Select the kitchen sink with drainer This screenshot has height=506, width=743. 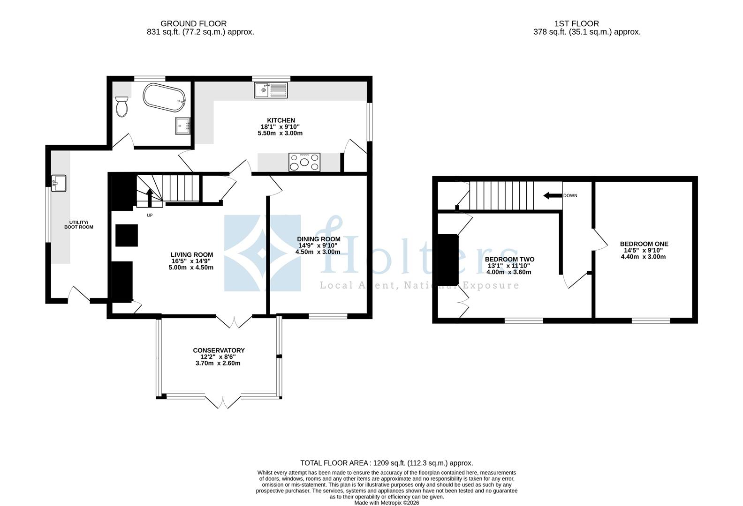click(271, 90)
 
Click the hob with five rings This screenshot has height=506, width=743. click(304, 163)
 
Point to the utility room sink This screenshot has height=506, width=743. click(59, 183)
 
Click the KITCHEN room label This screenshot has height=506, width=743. click(281, 120)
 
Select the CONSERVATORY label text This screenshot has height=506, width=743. click(219, 350)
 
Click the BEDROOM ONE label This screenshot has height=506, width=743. click(644, 244)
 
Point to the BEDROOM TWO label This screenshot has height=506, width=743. click(509, 259)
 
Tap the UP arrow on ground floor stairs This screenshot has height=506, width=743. click(150, 197)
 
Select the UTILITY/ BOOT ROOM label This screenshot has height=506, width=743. click(79, 224)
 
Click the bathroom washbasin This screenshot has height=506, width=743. click(183, 126)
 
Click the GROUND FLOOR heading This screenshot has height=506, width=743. click(193, 23)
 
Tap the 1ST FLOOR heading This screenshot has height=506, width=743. click(576, 23)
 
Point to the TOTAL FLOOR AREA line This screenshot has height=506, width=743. click(387, 463)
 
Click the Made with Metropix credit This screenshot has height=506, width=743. click(387, 503)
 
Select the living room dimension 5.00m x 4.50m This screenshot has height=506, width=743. click(191, 268)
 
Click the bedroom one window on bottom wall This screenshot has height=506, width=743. click(651, 321)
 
